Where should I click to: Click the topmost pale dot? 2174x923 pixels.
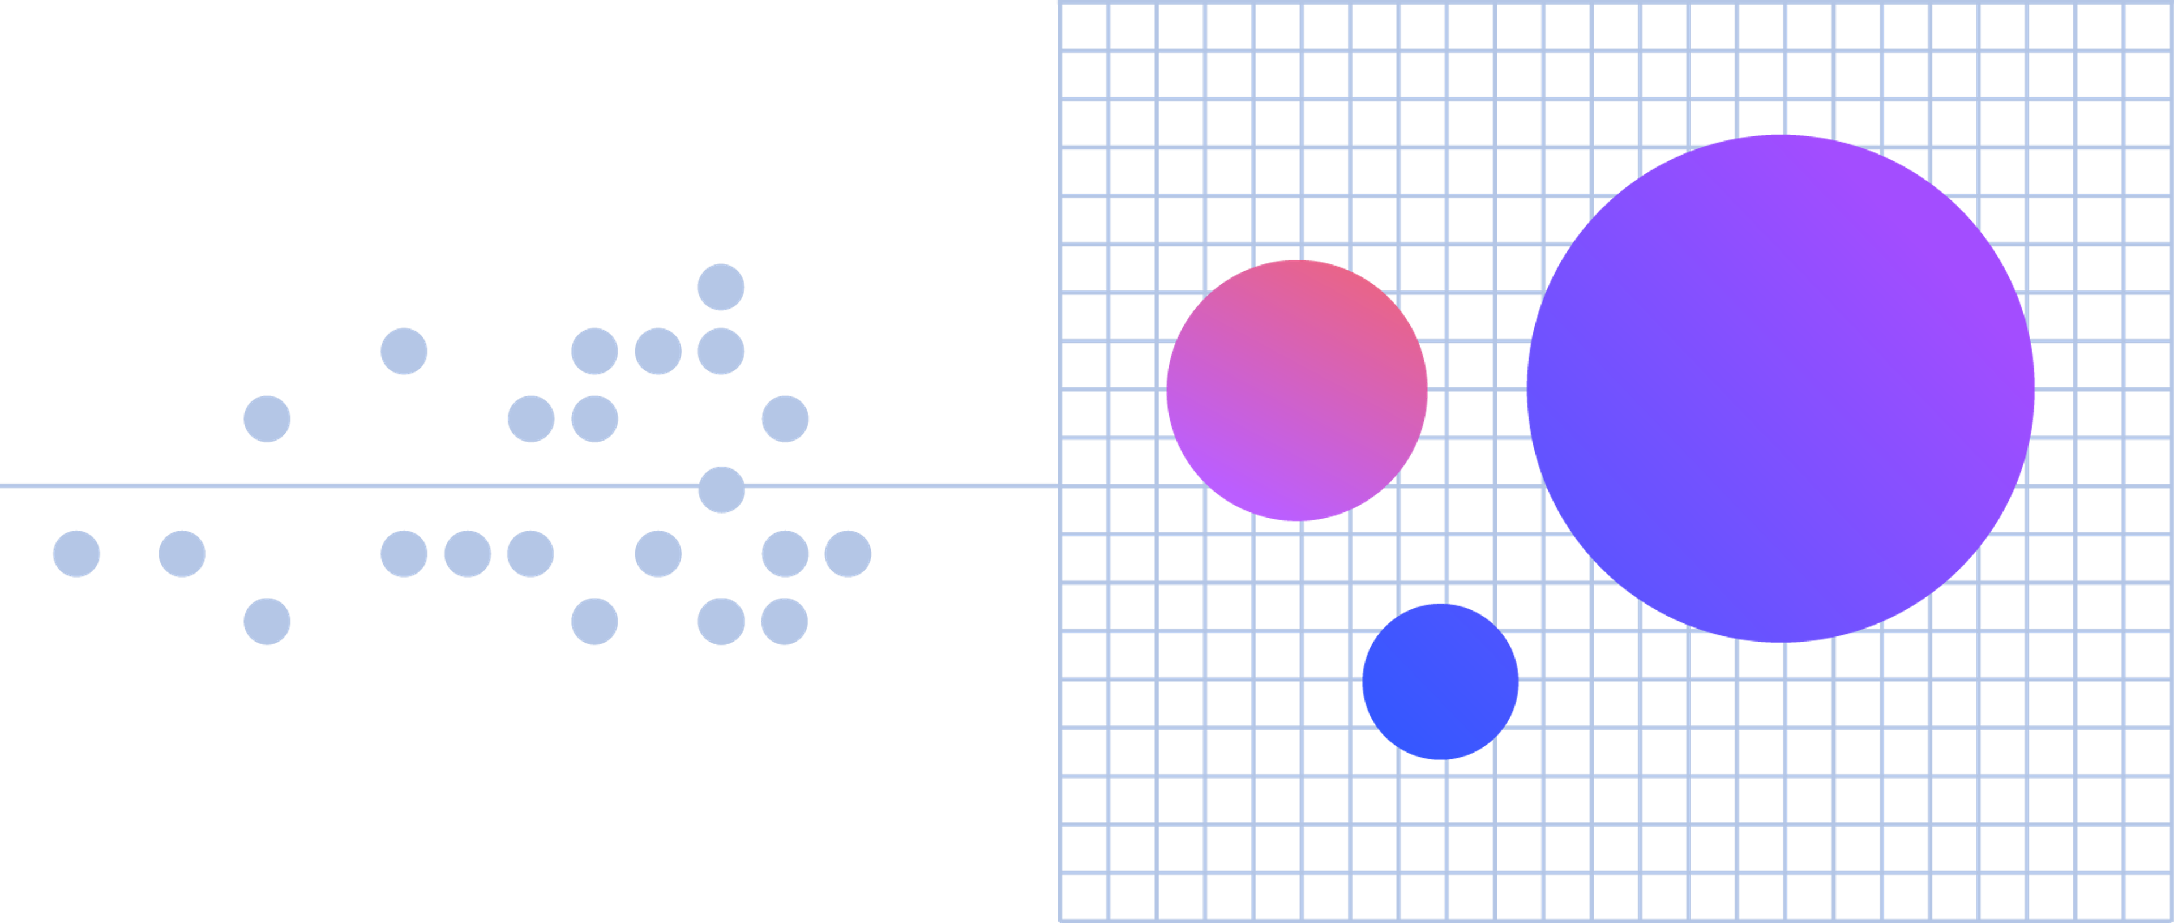point(721,287)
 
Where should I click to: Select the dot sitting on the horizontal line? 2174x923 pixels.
point(722,490)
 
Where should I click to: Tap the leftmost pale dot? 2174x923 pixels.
point(77,554)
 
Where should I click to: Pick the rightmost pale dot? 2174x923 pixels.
point(848,554)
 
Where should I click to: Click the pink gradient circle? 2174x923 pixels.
point(1296,390)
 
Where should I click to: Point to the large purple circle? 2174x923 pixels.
point(1780,388)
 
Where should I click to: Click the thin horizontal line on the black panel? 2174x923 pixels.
point(337,486)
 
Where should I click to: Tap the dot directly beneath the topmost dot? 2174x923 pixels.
point(721,351)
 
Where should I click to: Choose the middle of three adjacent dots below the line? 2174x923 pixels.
point(468,554)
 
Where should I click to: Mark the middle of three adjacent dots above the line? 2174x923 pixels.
point(658,351)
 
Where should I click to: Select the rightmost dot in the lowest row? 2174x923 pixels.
point(784,622)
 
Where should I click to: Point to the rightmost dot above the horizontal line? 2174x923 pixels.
point(785,419)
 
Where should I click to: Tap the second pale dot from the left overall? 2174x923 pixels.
point(182,554)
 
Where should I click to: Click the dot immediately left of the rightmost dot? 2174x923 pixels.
point(785,554)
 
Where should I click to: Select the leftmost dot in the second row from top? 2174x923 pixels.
point(404,351)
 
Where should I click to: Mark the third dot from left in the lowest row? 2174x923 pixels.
point(721,622)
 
